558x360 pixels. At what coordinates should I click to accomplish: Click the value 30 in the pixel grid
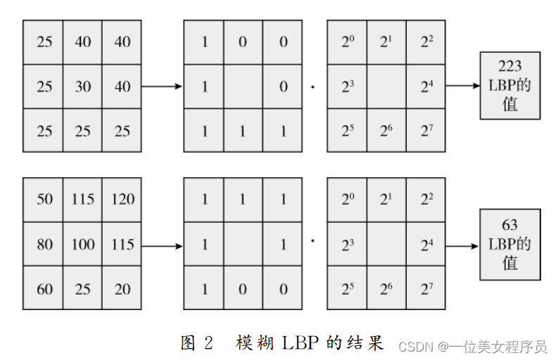(x=83, y=87)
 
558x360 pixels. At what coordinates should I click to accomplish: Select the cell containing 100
(x=83, y=245)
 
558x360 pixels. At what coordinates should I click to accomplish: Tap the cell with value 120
(x=122, y=199)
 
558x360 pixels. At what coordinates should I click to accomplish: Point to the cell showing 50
(x=44, y=199)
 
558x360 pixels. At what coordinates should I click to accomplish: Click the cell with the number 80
(x=44, y=245)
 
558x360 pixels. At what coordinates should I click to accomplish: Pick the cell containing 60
(x=44, y=289)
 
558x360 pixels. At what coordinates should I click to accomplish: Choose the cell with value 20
(x=122, y=289)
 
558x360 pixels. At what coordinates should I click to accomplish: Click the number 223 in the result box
(x=509, y=66)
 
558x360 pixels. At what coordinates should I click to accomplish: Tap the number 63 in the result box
(x=509, y=225)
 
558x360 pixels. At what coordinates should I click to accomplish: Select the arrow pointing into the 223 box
(x=462, y=86)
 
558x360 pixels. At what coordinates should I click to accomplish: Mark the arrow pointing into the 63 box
(x=462, y=245)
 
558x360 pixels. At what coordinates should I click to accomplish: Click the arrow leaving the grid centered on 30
(x=162, y=86)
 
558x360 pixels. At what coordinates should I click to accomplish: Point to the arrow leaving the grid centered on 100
(x=162, y=245)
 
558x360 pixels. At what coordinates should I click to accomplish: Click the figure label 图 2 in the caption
(x=196, y=342)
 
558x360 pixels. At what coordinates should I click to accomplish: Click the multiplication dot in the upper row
(x=312, y=88)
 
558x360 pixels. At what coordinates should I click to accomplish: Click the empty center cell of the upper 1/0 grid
(x=243, y=87)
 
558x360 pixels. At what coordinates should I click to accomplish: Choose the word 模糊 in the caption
(x=251, y=342)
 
